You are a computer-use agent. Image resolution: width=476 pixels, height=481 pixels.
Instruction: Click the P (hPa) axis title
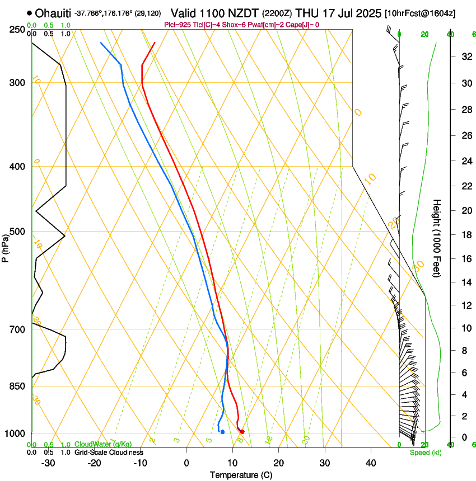pyautogui.click(x=5, y=246)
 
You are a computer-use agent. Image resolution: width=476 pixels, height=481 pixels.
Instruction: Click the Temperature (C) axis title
pyautogui.click(x=241, y=475)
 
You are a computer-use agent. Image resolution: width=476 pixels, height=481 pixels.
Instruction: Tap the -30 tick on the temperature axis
pyautogui.click(x=48, y=463)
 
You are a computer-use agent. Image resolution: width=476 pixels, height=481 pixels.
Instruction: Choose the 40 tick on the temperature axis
pyautogui.click(x=371, y=463)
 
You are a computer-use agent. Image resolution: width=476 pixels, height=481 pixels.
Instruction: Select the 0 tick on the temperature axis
pyautogui.click(x=187, y=463)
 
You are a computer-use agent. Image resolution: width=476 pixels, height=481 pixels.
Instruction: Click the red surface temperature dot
pyautogui.click(x=242, y=432)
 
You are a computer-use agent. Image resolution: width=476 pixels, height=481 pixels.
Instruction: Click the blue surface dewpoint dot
pyautogui.click(x=222, y=432)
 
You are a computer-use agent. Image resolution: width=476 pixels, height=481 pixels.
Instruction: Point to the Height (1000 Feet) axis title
pyautogui.click(x=437, y=238)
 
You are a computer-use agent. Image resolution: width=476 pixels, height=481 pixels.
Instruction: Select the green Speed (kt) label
pyautogui.click(x=425, y=452)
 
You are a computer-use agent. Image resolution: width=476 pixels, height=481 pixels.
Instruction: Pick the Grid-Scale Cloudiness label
pyautogui.click(x=109, y=452)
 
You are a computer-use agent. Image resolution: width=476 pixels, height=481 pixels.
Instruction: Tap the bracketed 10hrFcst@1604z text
pyautogui.click(x=420, y=13)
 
